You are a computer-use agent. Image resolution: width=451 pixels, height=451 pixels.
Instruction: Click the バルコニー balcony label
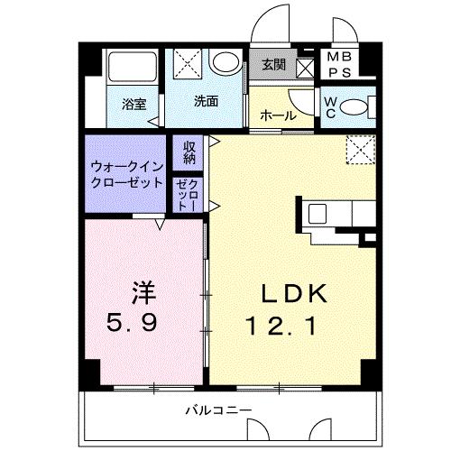[x=218, y=411]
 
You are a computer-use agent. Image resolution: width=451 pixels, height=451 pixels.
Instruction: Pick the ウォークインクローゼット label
[x=127, y=174]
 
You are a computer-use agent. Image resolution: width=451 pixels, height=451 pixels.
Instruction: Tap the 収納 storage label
[x=189, y=152]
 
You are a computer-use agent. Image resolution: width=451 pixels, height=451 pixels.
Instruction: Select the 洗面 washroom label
[x=206, y=101]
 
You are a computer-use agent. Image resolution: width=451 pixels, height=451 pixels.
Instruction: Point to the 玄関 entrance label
[x=274, y=65]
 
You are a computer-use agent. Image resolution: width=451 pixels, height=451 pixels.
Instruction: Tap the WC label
[x=330, y=106]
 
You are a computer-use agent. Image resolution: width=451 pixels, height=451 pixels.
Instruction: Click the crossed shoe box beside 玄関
[x=306, y=67]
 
